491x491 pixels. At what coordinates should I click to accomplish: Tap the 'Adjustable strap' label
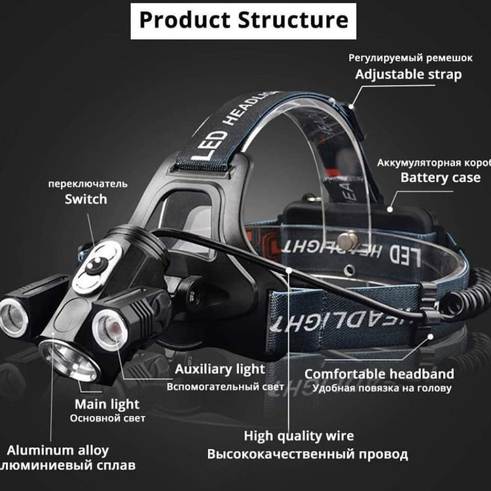click(x=408, y=74)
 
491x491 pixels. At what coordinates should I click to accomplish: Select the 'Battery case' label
click(x=440, y=177)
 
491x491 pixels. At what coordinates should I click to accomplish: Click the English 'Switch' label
click(x=86, y=199)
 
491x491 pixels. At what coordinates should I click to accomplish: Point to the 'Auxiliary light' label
click(x=220, y=370)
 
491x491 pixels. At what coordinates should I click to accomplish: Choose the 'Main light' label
click(x=107, y=404)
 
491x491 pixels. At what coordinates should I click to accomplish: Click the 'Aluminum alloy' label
click(x=57, y=450)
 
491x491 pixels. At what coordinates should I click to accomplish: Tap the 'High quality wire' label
click(x=299, y=436)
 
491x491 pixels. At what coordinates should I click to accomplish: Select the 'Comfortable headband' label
click(x=379, y=374)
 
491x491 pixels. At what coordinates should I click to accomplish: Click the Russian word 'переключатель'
click(x=88, y=183)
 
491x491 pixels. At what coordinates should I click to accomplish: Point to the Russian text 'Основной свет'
click(x=107, y=418)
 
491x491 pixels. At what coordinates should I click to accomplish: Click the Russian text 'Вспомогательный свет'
click(x=225, y=386)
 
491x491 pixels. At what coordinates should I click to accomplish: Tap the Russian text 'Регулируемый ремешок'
click(x=410, y=58)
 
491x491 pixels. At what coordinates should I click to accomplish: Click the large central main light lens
click(x=70, y=358)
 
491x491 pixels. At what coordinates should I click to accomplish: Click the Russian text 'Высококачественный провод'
click(x=307, y=454)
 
